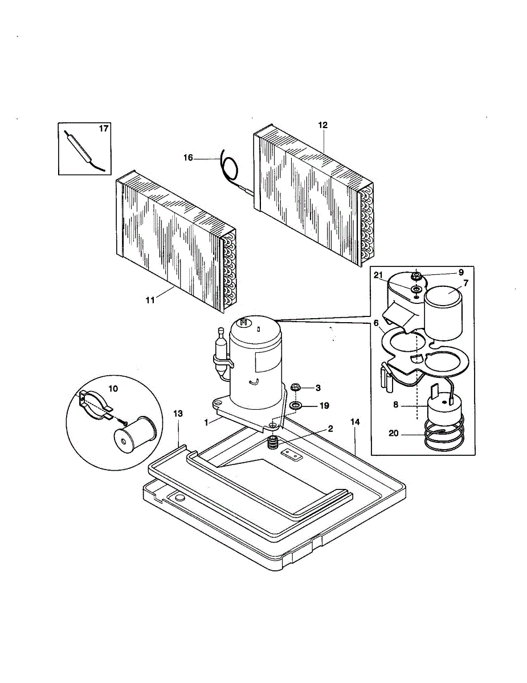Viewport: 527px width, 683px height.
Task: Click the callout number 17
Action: coord(103,129)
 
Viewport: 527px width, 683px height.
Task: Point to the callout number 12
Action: coord(323,125)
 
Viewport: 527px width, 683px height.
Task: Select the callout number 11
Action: coord(150,300)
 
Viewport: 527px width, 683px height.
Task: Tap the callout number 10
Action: coord(113,388)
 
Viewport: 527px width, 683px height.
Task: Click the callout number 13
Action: coord(178,414)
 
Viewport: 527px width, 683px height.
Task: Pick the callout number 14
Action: coord(355,422)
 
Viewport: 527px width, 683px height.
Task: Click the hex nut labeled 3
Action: coord(296,388)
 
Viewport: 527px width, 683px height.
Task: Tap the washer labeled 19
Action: coord(296,405)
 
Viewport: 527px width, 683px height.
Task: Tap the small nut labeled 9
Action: coord(416,277)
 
